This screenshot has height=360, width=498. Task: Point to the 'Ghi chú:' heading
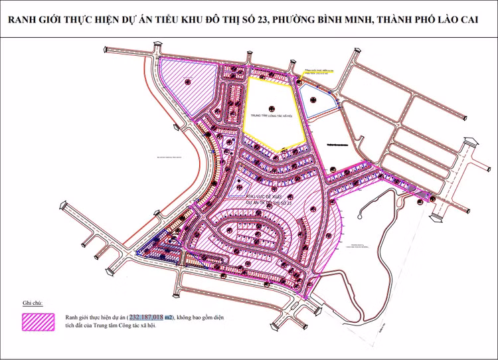pos(33,302)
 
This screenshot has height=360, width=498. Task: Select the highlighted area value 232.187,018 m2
pos(151,318)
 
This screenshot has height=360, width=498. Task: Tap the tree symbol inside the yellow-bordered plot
pos(272,108)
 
